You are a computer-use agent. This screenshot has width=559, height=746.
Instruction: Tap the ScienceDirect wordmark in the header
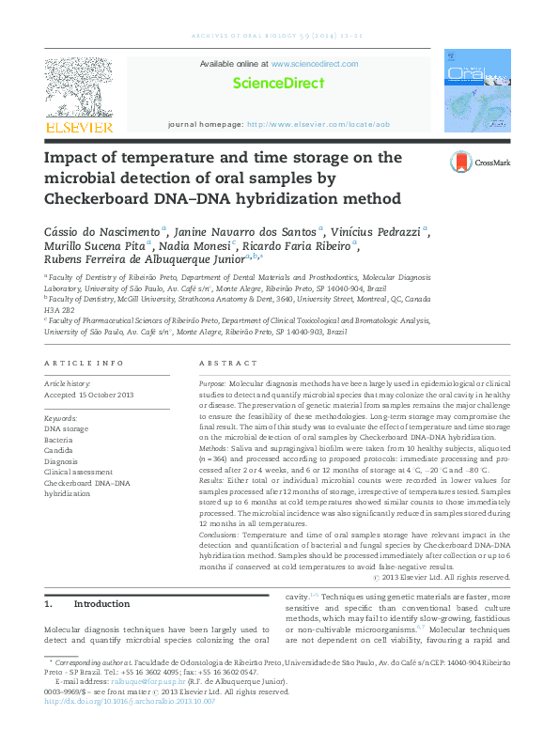tap(278, 83)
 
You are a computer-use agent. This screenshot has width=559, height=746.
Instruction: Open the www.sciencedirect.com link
tap(314, 64)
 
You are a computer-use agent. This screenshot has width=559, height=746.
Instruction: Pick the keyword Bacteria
tap(58, 440)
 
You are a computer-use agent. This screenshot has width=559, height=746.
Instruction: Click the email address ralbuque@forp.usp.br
tap(141, 681)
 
